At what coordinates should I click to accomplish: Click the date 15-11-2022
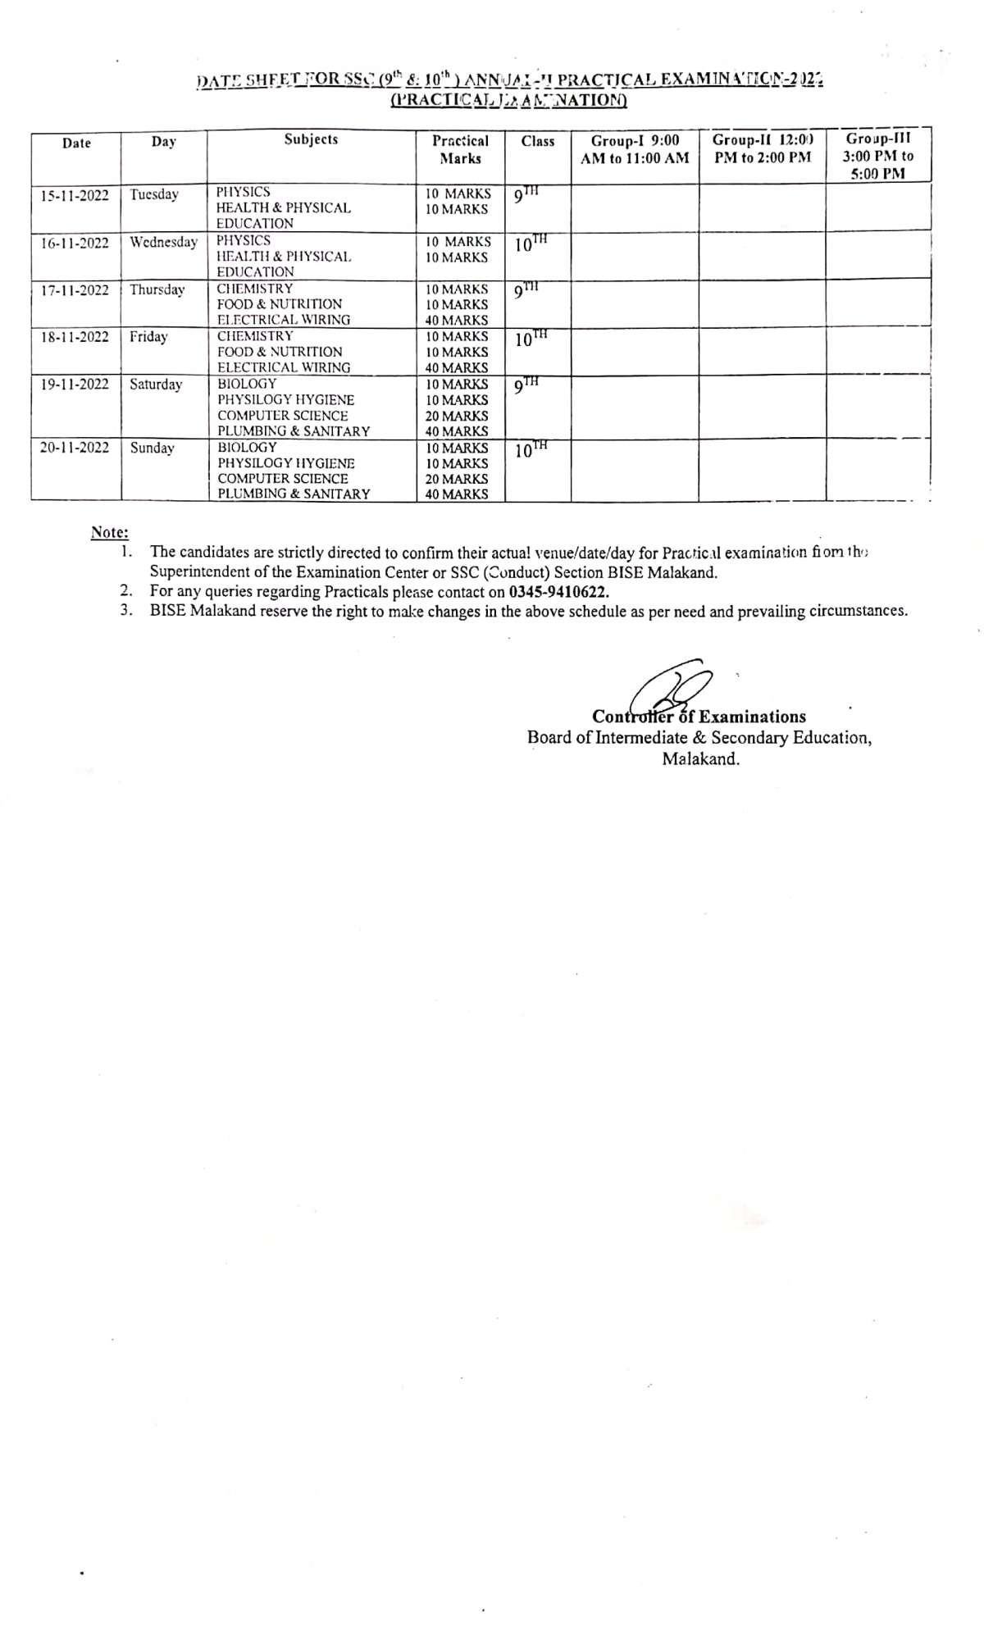[x=75, y=195]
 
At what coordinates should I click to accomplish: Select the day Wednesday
[x=163, y=243]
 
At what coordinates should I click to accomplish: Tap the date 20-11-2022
[x=75, y=448]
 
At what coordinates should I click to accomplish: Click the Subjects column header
[x=311, y=139]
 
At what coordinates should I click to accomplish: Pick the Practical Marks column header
[x=460, y=149]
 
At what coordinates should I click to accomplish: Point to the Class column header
[x=538, y=141]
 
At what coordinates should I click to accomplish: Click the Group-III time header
[x=877, y=156]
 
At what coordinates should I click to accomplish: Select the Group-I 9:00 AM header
[x=635, y=149]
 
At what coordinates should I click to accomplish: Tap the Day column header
[x=163, y=142]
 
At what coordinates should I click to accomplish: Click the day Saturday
[x=156, y=385]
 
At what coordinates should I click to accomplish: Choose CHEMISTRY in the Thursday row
[x=255, y=289]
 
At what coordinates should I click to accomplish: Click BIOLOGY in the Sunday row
[x=247, y=448]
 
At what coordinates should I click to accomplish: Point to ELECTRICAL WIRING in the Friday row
[x=284, y=367]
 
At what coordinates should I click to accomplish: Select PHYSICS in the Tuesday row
[x=243, y=193]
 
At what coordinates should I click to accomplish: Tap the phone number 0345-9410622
[x=558, y=591]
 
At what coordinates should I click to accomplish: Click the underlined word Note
[x=108, y=532]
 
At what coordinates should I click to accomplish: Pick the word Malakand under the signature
[x=700, y=758]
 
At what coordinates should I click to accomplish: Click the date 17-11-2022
[x=75, y=290]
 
